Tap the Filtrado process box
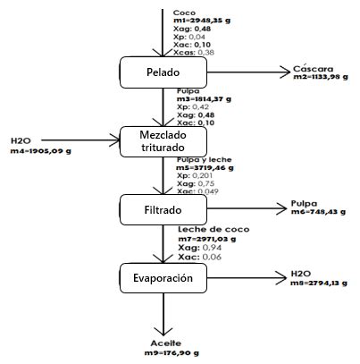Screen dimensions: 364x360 (x=163, y=209)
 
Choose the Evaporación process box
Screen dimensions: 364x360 (x=163, y=278)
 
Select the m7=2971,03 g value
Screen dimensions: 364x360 (x=210, y=239)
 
